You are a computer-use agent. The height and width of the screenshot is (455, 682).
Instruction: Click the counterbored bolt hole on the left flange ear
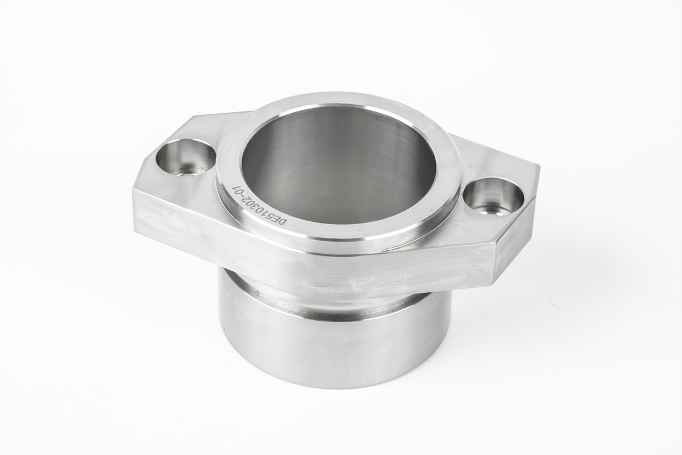(185, 157)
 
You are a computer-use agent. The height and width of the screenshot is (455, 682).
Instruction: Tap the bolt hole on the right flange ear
(493, 197)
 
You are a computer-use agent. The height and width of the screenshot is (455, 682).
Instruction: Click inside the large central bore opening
(339, 165)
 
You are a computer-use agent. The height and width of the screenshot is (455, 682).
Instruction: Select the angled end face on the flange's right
(514, 239)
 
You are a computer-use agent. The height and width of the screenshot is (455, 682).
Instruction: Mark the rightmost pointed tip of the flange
(538, 168)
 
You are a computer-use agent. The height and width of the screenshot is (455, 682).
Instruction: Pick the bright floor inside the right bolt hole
(490, 208)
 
